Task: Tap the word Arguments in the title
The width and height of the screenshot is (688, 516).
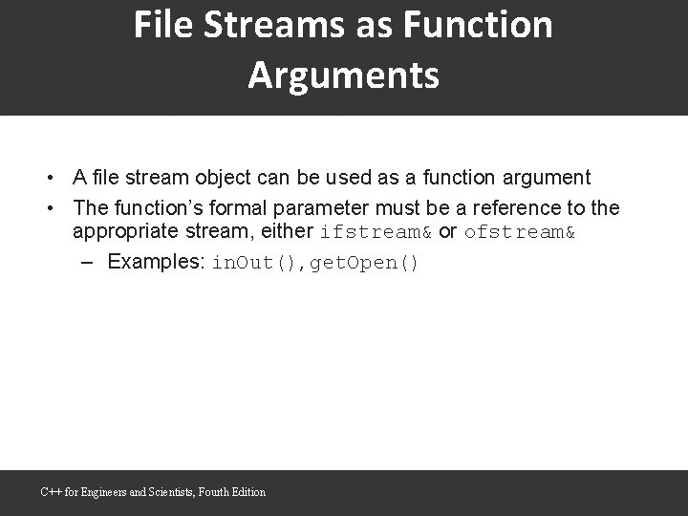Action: coord(344,75)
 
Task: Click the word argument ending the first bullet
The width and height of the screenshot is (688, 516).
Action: coord(548,178)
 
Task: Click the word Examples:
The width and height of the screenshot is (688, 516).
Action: coord(158,262)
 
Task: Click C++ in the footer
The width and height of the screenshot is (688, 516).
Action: coord(50,492)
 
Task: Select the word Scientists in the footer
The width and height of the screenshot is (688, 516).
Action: coord(172,492)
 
